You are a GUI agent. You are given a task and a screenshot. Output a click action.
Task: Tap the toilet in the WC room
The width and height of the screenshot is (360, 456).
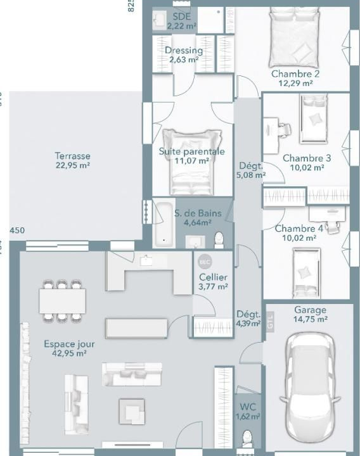point(247,440)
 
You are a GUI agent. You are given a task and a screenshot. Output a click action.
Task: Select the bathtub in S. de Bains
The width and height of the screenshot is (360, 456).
point(162,223)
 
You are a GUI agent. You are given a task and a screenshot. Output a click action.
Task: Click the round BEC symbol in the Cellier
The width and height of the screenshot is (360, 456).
point(204,262)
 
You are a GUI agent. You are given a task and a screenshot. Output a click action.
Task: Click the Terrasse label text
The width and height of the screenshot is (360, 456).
point(72,156)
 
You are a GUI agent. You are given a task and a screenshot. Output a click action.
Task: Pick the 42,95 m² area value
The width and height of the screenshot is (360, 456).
point(70,354)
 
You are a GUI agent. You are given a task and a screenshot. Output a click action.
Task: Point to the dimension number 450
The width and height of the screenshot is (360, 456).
point(17,230)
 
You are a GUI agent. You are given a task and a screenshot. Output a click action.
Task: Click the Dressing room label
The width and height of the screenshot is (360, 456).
point(183,51)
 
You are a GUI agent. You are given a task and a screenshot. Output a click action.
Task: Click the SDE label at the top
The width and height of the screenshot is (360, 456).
point(181,16)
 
